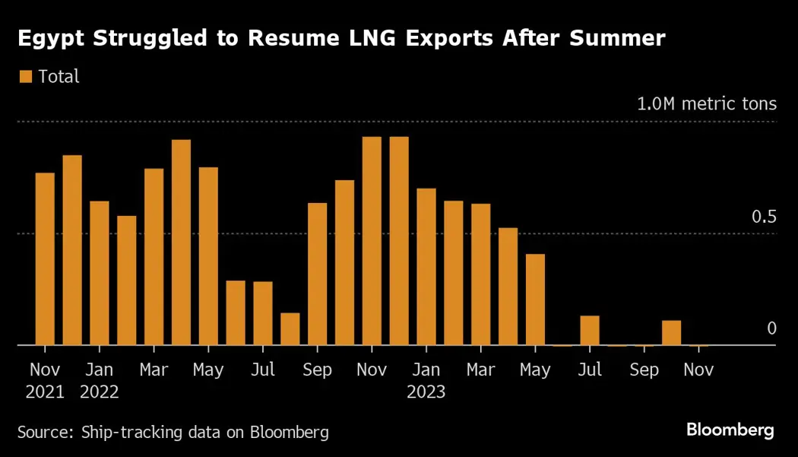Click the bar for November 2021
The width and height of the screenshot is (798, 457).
tap(45, 259)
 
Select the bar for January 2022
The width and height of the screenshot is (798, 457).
tap(100, 274)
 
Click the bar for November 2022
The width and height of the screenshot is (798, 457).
tap(372, 241)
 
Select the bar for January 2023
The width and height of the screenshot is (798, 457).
tap(426, 267)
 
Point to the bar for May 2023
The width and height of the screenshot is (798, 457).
tap(535, 300)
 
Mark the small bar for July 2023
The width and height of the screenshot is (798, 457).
tap(590, 331)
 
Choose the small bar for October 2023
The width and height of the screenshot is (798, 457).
tap(671, 333)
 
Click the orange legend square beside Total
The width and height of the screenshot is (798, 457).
tap(25, 76)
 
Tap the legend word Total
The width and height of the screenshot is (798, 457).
tap(59, 76)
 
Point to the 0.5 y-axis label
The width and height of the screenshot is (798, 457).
tap(764, 217)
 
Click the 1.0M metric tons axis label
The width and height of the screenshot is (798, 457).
tap(706, 103)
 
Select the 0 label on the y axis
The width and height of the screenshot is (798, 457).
tap(771, 328)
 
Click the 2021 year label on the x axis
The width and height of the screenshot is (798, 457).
tap(46, 392)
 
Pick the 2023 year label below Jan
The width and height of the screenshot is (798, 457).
tap(426, 392)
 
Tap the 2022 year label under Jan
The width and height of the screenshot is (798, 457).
tap(100, 392)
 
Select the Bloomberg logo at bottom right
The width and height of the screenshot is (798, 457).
tap(730, 430)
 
